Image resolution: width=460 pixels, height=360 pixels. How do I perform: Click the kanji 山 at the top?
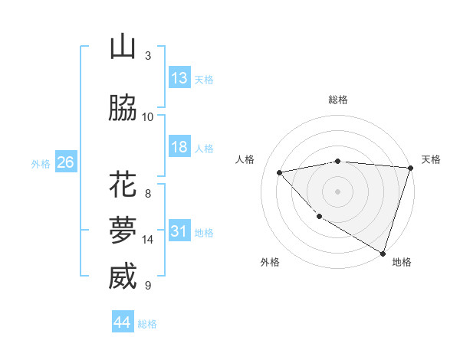(x=123, y=47)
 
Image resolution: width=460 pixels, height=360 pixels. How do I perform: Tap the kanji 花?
(x=123, y=185)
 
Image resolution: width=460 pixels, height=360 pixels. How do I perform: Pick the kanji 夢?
(x=123, y=230)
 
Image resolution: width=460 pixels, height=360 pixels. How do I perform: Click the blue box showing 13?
(x=179, y=78)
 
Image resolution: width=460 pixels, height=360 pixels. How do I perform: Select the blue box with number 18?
(x=179, y=147)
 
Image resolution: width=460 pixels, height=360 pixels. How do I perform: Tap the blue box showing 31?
(x=179, y=231)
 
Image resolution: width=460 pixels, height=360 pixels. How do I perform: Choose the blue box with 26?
(x=65, y=162)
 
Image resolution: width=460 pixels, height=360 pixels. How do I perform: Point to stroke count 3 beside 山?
(x=148, y=56)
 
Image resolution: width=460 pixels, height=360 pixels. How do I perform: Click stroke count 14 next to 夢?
(x=148, y=240)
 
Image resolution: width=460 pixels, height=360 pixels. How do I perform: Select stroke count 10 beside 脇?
(x=148, y=116)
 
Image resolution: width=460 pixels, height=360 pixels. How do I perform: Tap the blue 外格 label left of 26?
(x=41, y=163)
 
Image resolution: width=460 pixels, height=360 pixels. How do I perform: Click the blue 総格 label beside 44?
(x=147, y=324)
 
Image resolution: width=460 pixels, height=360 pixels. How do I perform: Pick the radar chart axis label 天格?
(x=431, y=159)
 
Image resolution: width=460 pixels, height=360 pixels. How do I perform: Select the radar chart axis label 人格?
(x=245, y=159)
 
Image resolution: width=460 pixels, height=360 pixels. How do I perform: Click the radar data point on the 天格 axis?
(x=410, y=168)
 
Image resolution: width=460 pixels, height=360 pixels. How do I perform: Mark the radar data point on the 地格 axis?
(x=383, y=253)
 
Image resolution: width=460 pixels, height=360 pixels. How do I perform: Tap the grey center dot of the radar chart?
(x=337, y=191)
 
